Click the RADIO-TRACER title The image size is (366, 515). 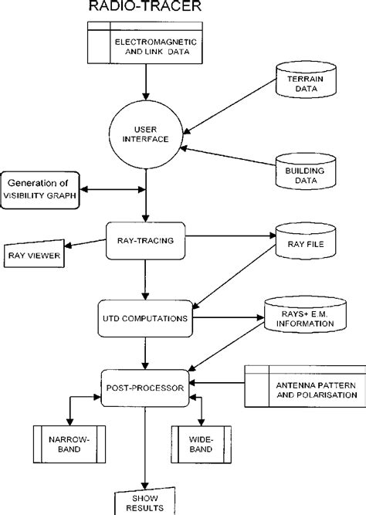point(144,8)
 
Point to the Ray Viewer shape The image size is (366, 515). point(36,255)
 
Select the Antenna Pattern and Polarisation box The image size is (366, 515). point(304,385)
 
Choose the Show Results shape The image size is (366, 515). point(145,500)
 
